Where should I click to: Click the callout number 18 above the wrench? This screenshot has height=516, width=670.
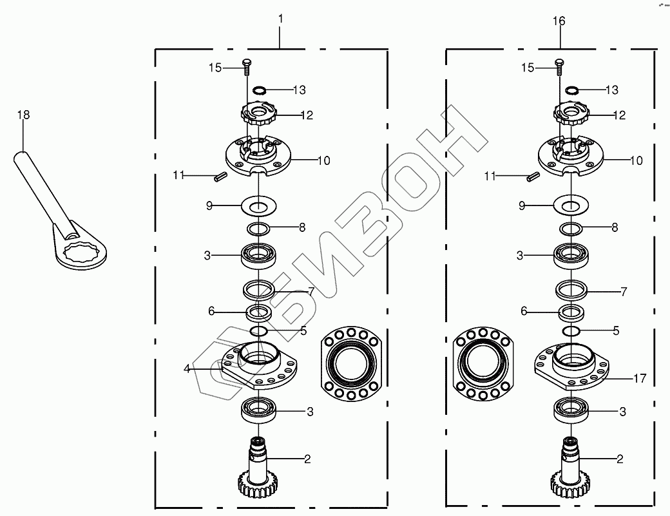coord(23,115)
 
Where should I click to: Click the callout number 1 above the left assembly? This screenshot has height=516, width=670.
coord(280,19)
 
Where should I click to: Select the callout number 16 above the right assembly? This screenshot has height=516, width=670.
coord(559,21)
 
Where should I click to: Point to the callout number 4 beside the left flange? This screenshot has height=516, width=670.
coord(187,368)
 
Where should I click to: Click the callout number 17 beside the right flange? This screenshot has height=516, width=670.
coord(640,378)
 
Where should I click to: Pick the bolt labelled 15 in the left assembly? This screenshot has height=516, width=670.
coord(247,67)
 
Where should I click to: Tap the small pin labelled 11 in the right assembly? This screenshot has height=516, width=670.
coord(533,177)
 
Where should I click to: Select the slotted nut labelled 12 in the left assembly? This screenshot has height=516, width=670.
coord(259,113)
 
